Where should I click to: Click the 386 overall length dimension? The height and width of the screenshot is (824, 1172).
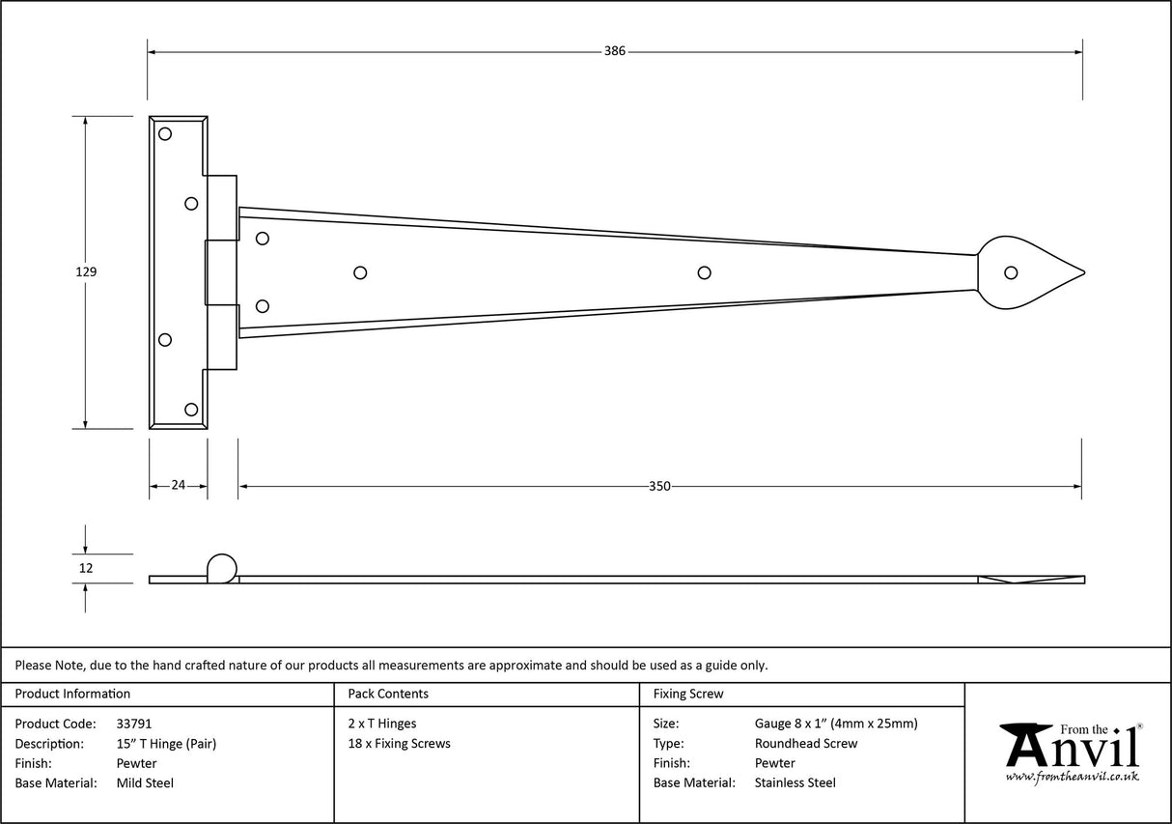615,51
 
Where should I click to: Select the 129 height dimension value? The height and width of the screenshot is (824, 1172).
87,272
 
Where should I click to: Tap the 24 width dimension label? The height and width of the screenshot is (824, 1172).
178,486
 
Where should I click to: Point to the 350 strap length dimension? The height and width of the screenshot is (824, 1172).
659,486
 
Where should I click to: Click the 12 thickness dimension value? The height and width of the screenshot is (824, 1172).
86,568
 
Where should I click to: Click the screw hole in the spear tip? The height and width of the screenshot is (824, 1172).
1011,272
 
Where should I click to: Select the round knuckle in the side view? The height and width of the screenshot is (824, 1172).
221,568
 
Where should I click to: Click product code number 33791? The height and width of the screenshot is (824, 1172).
133,724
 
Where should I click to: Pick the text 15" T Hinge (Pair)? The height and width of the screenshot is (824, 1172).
166,744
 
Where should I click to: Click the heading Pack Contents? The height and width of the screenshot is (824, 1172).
388,694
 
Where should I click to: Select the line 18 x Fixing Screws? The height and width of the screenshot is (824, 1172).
399,744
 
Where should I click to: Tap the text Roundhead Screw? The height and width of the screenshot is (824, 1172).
806,744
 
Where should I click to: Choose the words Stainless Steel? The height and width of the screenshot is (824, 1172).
795,783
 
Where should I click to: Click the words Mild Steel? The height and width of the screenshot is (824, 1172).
145,783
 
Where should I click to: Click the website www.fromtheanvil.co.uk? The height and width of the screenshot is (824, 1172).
1072,777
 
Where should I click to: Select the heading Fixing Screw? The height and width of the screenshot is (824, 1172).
688,694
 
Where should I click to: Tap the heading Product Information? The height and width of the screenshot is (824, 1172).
72,694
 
